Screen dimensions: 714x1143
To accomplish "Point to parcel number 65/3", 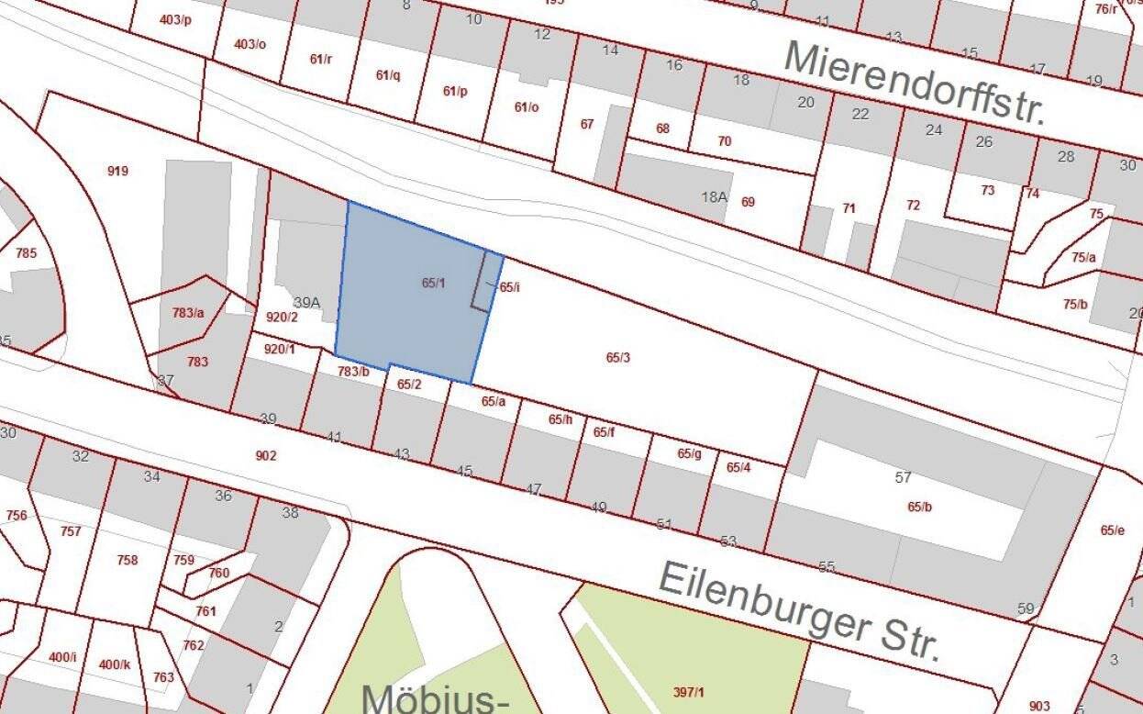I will (x=618, y=357).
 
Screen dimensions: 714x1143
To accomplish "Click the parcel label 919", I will (x=117, y=171).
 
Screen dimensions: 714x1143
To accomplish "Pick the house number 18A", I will (x=714, y=195).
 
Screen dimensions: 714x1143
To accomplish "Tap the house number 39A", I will (x=306, y=303).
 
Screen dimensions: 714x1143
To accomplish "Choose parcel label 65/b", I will (x=919, y=507).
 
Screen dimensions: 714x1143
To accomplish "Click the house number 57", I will (x=904, y=477).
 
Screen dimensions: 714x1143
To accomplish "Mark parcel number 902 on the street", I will (x=266, y=455).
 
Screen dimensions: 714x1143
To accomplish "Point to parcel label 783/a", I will (x=188, y=313).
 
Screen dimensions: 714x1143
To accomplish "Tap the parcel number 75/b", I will (x=1075, y=304).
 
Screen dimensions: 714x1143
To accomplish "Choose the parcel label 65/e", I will (x=1112, y=530).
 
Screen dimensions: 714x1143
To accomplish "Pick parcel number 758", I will (x=128, y=560).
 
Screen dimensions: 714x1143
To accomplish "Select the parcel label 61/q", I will (x=388, y=75).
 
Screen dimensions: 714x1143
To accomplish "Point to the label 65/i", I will (x=510, y=286).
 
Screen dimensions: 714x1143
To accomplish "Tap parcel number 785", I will (x=27, y=252).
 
